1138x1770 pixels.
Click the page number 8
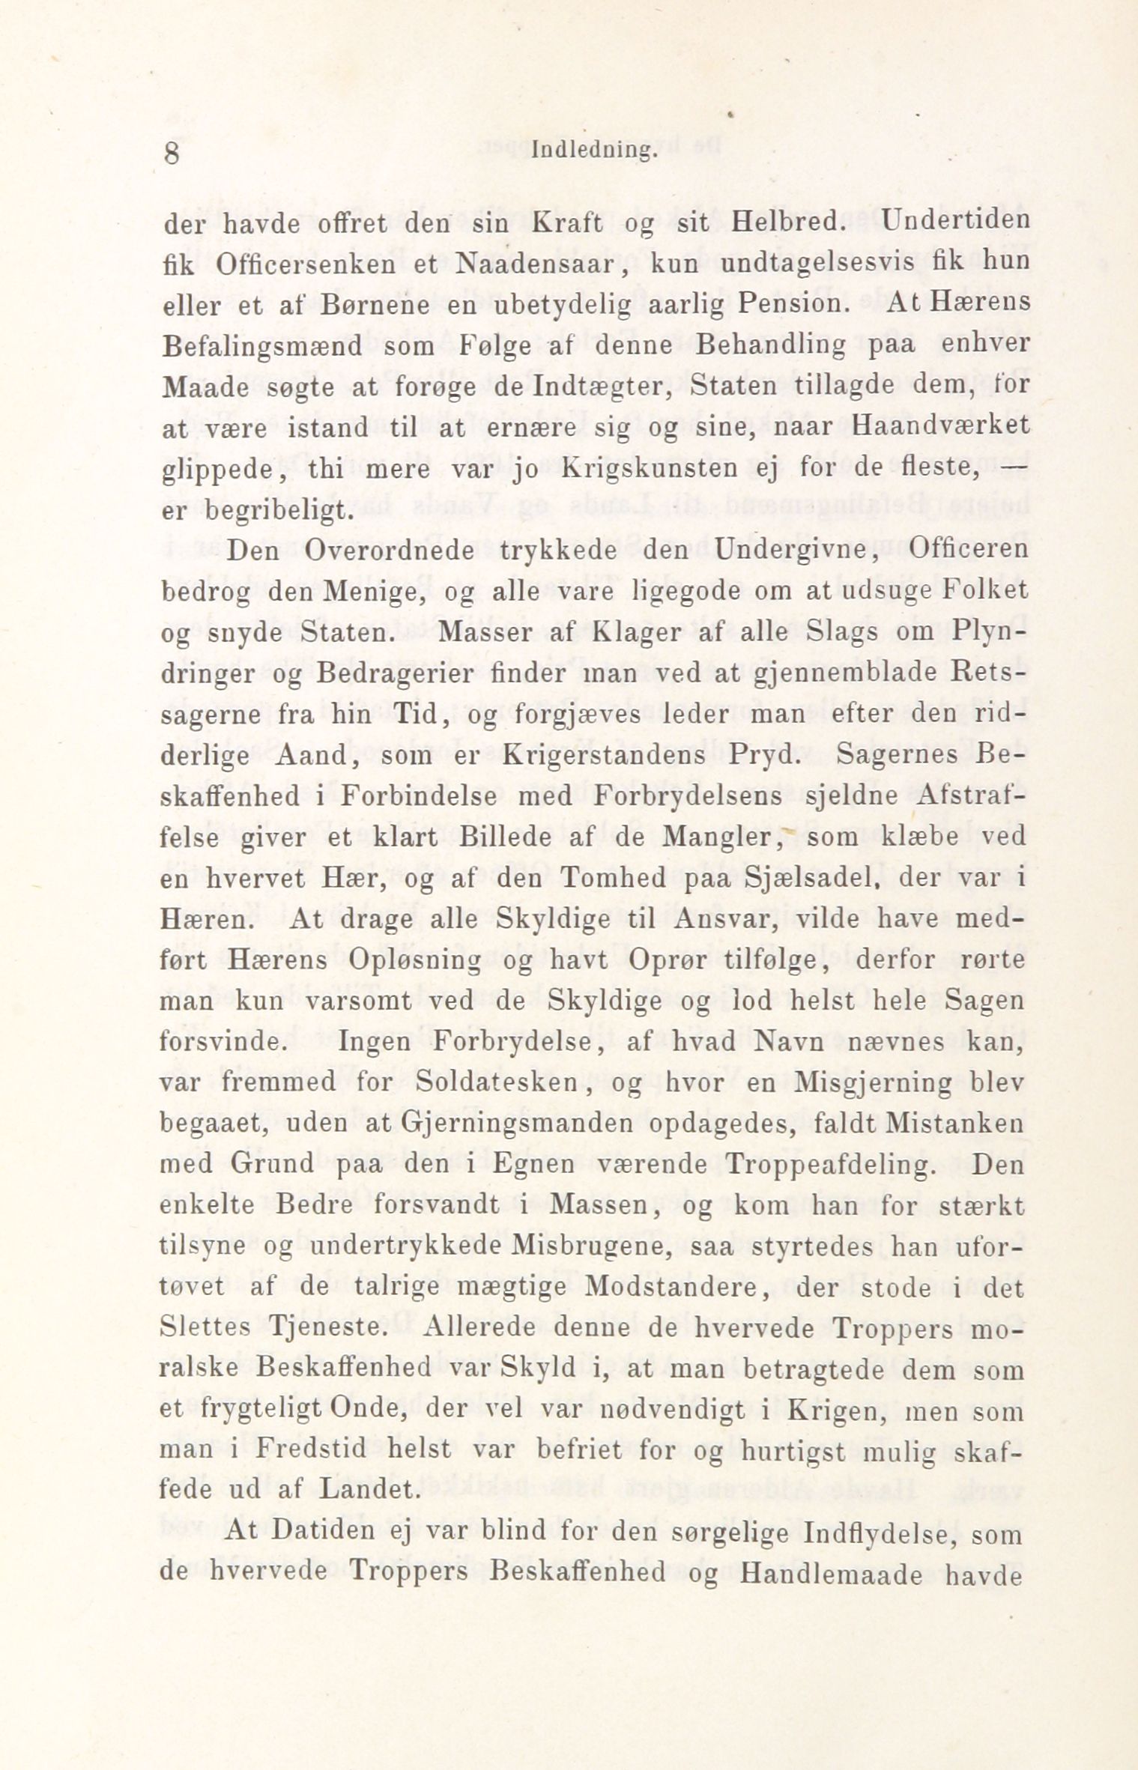coord(172,154)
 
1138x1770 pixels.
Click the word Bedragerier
coord(394,673)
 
